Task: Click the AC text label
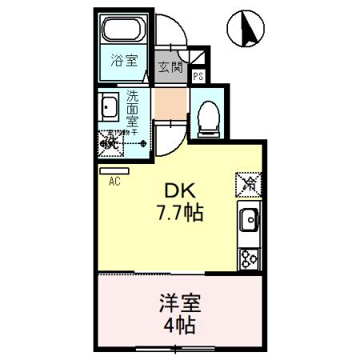(114, 182)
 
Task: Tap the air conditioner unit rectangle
(109, 170)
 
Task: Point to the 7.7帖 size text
(180, 214)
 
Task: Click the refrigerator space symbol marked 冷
(249, 185)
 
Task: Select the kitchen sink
(249, 218)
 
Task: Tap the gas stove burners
(248, 257)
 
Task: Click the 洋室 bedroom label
(179, 304)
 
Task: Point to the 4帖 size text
(180, 326)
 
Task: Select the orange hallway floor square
(168, 102)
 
